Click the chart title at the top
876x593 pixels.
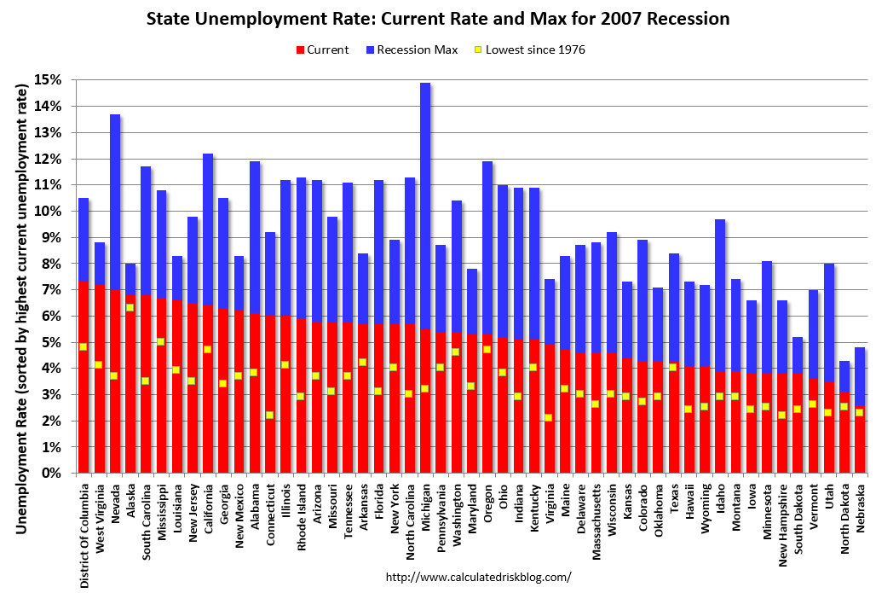(x=438, y=18)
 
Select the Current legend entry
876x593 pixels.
(x=320, y=49)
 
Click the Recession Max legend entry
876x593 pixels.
(x=410, y=49)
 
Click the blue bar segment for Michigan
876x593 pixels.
(x=425, y=205)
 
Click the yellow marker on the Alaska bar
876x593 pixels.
(x=130, y=308)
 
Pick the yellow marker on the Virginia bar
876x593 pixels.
(x=549, y=417)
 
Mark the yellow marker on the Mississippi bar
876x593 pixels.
(x=161, y=342)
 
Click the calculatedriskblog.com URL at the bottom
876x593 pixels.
(x=478, y=577)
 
